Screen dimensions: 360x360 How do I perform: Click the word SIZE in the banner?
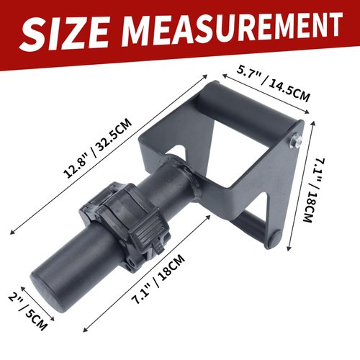coord(64,33)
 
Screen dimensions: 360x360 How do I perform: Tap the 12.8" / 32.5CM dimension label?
coord(98,148)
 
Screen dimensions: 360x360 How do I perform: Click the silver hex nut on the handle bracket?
coord(295,140)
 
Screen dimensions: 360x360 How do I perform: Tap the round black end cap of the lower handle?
coord(275,240)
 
